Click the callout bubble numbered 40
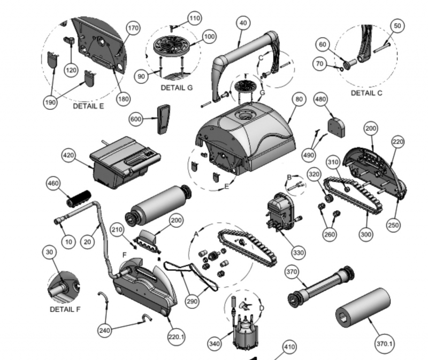click(243, 23)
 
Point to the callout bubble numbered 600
click(136, 119)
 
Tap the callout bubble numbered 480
click(320, 100)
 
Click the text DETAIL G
click(177, 87)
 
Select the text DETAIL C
click(367, 93)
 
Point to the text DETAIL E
click(88, 106)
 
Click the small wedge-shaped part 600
click(162, 118)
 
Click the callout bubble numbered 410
click(289, 348)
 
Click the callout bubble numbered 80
click(298, 100)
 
